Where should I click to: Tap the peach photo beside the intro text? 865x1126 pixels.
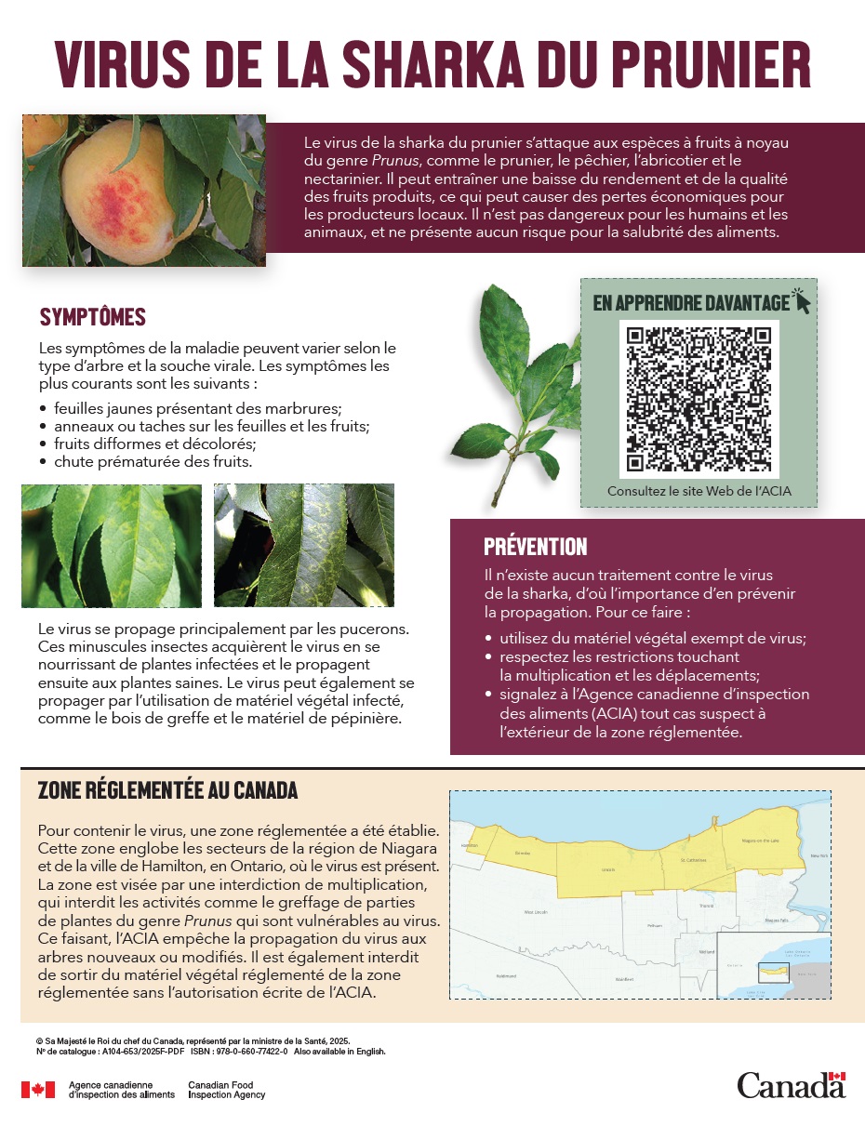pos(143,190)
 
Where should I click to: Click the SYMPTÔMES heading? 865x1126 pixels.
pos(92,317)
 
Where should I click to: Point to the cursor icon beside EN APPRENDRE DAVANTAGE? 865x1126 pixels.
pos(802,299)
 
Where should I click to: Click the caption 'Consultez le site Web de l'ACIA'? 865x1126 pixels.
pos(699,491)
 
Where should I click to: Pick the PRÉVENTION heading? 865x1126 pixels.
pos(535,547)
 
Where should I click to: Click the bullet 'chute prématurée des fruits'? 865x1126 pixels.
pos(153,461)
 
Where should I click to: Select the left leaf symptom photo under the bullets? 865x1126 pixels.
pos(112,546)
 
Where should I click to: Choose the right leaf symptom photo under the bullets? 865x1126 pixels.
pos(303,546)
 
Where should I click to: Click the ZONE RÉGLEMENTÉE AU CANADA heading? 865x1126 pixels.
pos(167,790)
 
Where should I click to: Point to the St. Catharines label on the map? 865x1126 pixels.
pos(693,860)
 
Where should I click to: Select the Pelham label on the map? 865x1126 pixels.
pos(628,925)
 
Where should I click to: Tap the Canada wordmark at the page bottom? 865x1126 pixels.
pos(791,1085)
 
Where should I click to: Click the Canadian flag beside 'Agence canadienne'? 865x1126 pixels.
pos(38,1090)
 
